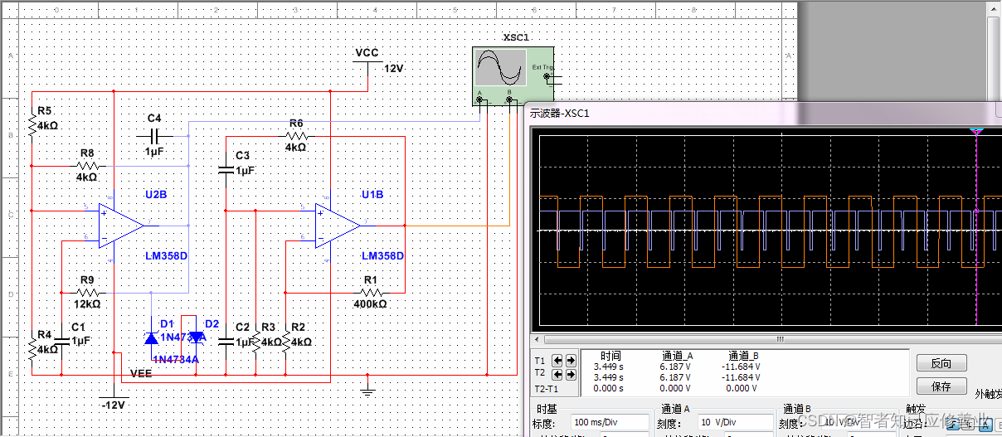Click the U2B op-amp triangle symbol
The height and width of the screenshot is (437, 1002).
click(120, 225)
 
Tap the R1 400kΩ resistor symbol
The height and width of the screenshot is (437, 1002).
click(371, 292)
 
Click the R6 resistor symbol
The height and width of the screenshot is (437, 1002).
click(296, 135)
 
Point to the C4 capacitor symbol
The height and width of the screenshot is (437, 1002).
click(154, 134)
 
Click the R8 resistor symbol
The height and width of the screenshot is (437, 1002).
click(87, 166)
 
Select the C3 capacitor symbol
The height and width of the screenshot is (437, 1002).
click(226, 170)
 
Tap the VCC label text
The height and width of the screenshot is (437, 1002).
click(367, 53)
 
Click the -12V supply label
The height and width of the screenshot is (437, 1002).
click(112, 405)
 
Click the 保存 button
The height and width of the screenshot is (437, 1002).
click(941, 386)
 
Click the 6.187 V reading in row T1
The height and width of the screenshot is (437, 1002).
click(677, 366)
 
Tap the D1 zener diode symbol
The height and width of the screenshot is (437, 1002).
click(151, 337)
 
